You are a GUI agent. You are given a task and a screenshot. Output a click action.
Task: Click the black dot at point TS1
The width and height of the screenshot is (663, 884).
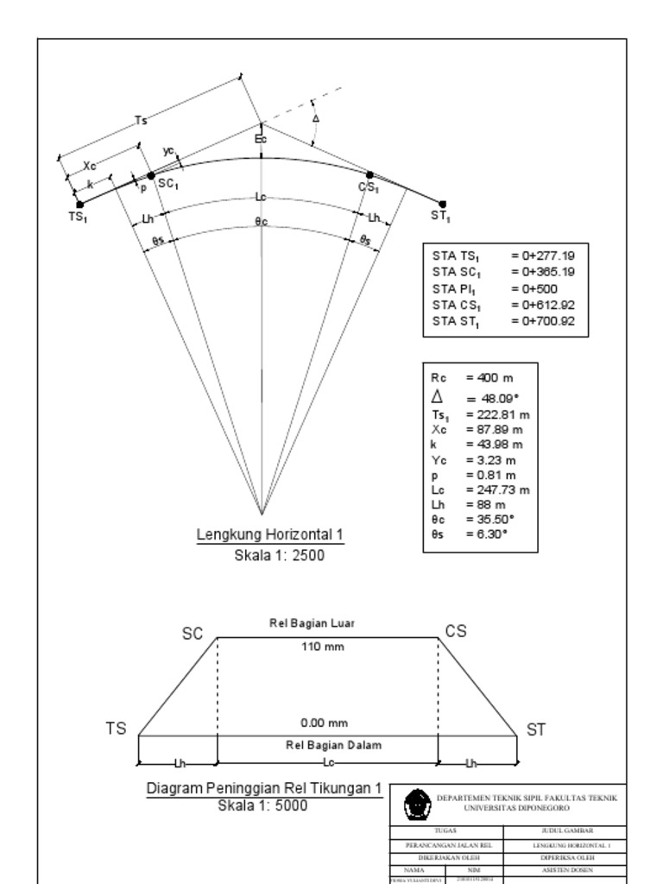pos(80,205)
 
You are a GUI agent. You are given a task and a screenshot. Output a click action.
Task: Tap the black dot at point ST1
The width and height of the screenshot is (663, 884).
pos(443,204)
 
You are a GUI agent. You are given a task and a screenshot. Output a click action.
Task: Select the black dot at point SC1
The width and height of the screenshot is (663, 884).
pos(151,175)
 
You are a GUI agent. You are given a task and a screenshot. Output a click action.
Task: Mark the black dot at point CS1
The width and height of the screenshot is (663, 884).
pos(369,175)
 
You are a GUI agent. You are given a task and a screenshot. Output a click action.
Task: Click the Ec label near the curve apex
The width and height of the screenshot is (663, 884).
pos(261,138)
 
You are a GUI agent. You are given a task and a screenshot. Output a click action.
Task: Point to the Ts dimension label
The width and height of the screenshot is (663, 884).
pos(141,121)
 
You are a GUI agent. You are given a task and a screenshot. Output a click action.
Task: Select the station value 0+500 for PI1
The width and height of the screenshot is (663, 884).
pos(534,288)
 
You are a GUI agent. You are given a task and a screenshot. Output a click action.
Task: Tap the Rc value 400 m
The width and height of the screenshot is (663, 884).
pos(489,378)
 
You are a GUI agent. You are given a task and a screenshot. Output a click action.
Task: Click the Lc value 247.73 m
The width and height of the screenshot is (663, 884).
pos(497,489)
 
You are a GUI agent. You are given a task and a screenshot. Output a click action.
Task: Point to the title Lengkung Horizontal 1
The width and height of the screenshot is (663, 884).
pos(270,535)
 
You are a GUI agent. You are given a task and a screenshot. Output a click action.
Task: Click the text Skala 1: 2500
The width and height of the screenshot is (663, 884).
pos(279,556)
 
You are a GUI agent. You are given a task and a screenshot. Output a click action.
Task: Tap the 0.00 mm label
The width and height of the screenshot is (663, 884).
pos(325,723)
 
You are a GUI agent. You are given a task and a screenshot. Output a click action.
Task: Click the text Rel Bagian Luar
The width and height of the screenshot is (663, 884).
pos(313,622)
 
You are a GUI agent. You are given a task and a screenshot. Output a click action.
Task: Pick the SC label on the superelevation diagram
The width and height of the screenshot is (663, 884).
pos(193,634)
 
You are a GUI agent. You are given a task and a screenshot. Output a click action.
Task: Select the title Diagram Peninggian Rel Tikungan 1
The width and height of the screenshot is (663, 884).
pos(263,789)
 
